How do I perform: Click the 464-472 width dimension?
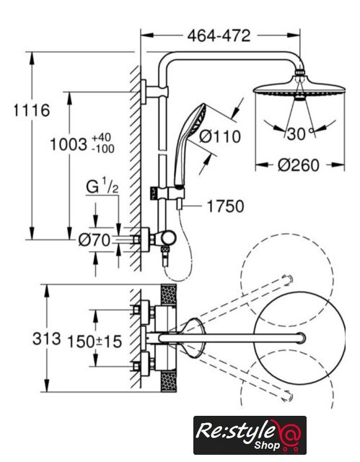pos(219,35)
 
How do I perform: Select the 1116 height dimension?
pos(32,110)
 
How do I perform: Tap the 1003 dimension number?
pos(69,144)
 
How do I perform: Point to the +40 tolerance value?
pos(101,138)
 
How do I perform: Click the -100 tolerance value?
pos(102,149)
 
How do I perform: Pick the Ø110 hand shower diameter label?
pos(220,136)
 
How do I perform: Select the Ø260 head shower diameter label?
pos(299,165)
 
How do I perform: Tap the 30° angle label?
pos(299,134)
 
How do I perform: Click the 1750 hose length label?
pos(226,206)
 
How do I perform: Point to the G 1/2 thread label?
pos(102,186)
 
